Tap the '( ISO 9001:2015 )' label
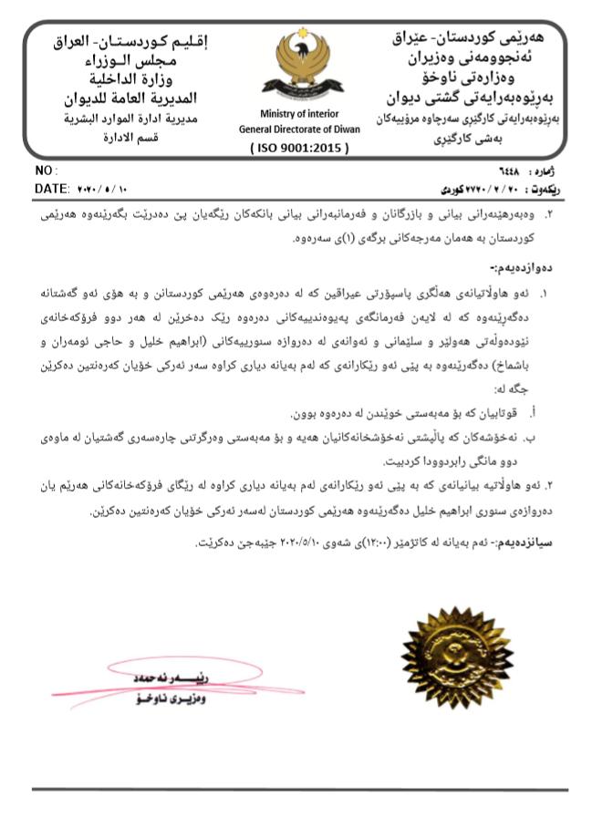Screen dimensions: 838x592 click(x=297, y=146)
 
